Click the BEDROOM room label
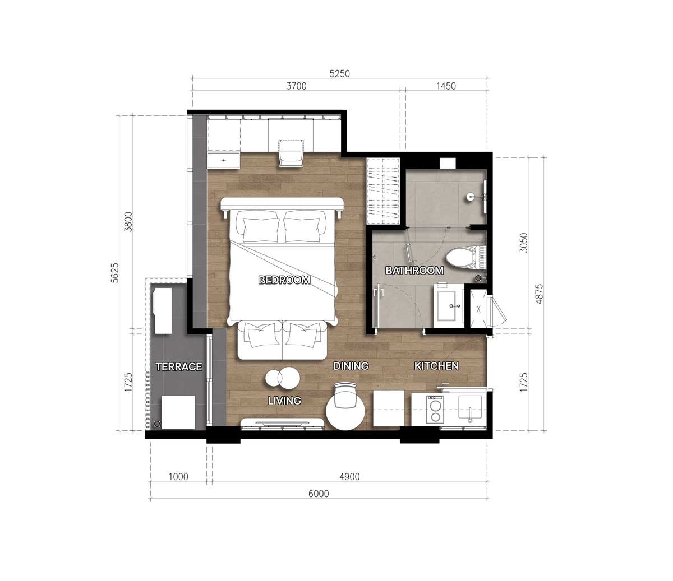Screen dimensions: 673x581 [284, 280]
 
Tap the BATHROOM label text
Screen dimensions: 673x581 [414, 271]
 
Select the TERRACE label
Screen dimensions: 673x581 [179, 366]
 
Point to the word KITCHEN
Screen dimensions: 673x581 [437, 366]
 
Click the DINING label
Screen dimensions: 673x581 [351, 366]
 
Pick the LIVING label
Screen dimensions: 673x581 [284, 401]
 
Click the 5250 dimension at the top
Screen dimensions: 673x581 [340, 74]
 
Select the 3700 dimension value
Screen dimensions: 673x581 [296, 86]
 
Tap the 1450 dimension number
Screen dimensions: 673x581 [446, 86]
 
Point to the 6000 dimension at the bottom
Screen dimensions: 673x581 [319, 494]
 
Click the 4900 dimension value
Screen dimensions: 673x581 [350, 477]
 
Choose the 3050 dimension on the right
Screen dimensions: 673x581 [523, 243]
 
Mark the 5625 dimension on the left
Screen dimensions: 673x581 [115, 273]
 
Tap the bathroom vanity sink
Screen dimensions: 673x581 [449, 306]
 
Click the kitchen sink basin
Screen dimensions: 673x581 [470, 407]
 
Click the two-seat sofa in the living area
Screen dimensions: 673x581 [282, 340]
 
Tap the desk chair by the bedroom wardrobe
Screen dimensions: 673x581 [291, 153]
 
